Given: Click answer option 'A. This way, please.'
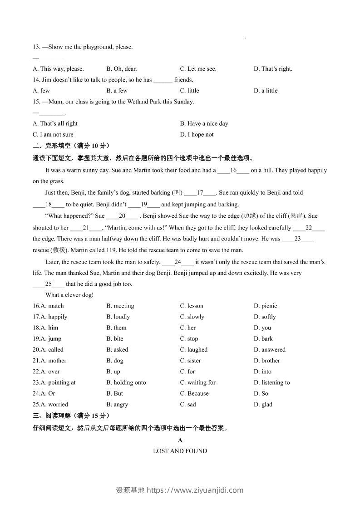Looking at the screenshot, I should tap(58, 69).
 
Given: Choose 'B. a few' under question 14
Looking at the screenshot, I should tap(117, 91).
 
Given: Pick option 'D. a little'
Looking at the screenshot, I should tap(266, 91).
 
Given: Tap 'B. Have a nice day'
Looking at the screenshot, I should tap(204, 123).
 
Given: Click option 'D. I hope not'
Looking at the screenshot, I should tap(197, 134).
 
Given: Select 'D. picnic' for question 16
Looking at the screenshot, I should tap(265, 306).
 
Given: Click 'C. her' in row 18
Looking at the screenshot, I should tap(188, 328).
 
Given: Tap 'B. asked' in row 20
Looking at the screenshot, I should tap(117, 350).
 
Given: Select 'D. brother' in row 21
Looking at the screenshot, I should tap(267, 361).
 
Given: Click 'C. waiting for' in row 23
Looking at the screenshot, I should tap(197, 382).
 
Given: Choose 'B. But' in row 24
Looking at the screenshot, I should tap(115, 393).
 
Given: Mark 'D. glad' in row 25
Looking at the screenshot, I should tap(263, 404).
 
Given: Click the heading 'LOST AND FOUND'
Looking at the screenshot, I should tap(180, 451).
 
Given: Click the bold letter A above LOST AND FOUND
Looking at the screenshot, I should tap(180, 440).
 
